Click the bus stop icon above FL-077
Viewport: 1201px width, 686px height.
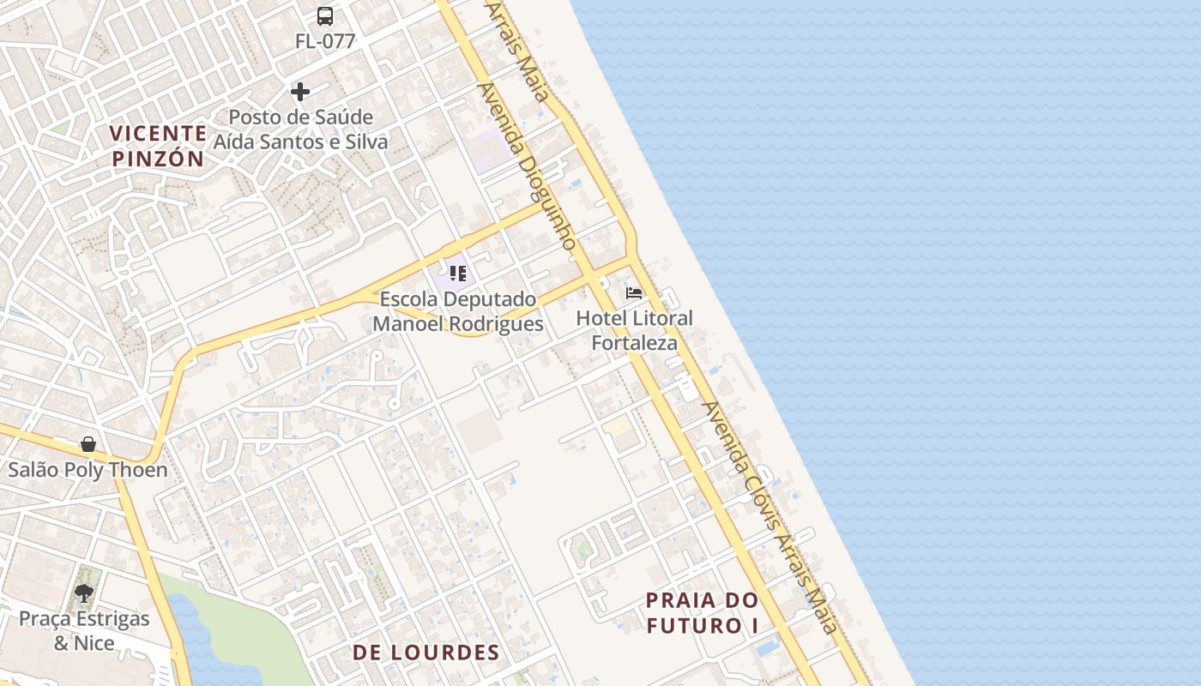pos(325,15)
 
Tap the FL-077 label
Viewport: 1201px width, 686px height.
pos(325,41)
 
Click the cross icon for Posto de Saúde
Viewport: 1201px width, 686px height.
pos(300,91)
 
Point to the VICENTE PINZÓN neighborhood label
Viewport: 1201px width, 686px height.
pos(159,146)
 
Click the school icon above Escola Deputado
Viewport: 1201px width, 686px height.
pos(457,274)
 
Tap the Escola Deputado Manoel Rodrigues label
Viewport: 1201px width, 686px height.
pos(458,311)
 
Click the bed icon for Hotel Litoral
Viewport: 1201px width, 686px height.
pos(634,292)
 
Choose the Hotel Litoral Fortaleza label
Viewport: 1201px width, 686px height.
pos(634,330)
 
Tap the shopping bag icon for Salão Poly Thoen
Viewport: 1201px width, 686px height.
pos(88,443)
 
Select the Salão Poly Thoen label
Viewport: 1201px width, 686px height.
pos(88,470)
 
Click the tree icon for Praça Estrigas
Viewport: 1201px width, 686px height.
pos(84,592)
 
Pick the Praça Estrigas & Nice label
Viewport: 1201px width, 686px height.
pos(84,630)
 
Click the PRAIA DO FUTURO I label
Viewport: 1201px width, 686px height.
pos(703,612)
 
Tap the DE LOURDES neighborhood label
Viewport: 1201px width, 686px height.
pos(426,653)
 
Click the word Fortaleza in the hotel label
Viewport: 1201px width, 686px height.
pos(634,343)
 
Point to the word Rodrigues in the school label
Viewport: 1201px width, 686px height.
pos(495,324)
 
